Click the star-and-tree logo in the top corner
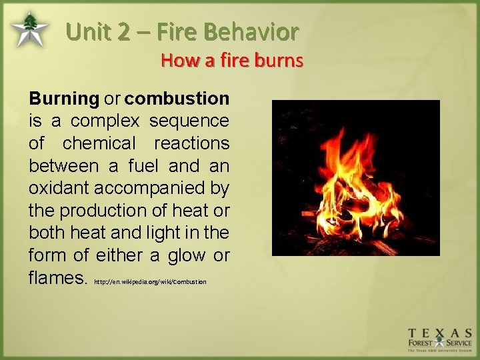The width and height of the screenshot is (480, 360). pyautogui.click(x=29, y=29)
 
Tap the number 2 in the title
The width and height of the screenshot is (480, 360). pyautogui.click(x=122, y=31)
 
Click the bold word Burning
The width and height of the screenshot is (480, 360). pyautogui.click(x=64, y=99)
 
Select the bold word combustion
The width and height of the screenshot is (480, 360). pyautogui.click(x=177, y=99)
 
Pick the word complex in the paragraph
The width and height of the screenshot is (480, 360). pyautogui.click(x=105, y=121)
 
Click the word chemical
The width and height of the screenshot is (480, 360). pyautogui.click(x=99, y=143)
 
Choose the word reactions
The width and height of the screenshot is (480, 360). pyautogui.click(x=191, y=143)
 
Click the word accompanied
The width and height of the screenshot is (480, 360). pyautogui.click(x=149, y=188)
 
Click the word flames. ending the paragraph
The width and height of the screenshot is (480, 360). pyautogui.click(x=58, y=278)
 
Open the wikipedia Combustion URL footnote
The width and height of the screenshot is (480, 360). pyautogui.click(x=150, y=282)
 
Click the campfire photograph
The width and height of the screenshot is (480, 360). pyautogui.click(x=355, y=177)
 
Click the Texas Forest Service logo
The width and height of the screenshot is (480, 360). pyautogui.click(x=440, y=339)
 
